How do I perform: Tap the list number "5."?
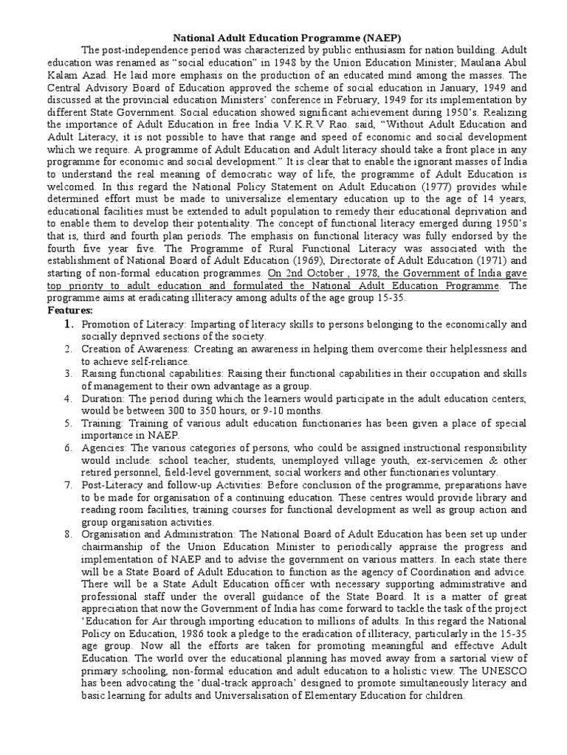pyautogui.click(x=66, y=424)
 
